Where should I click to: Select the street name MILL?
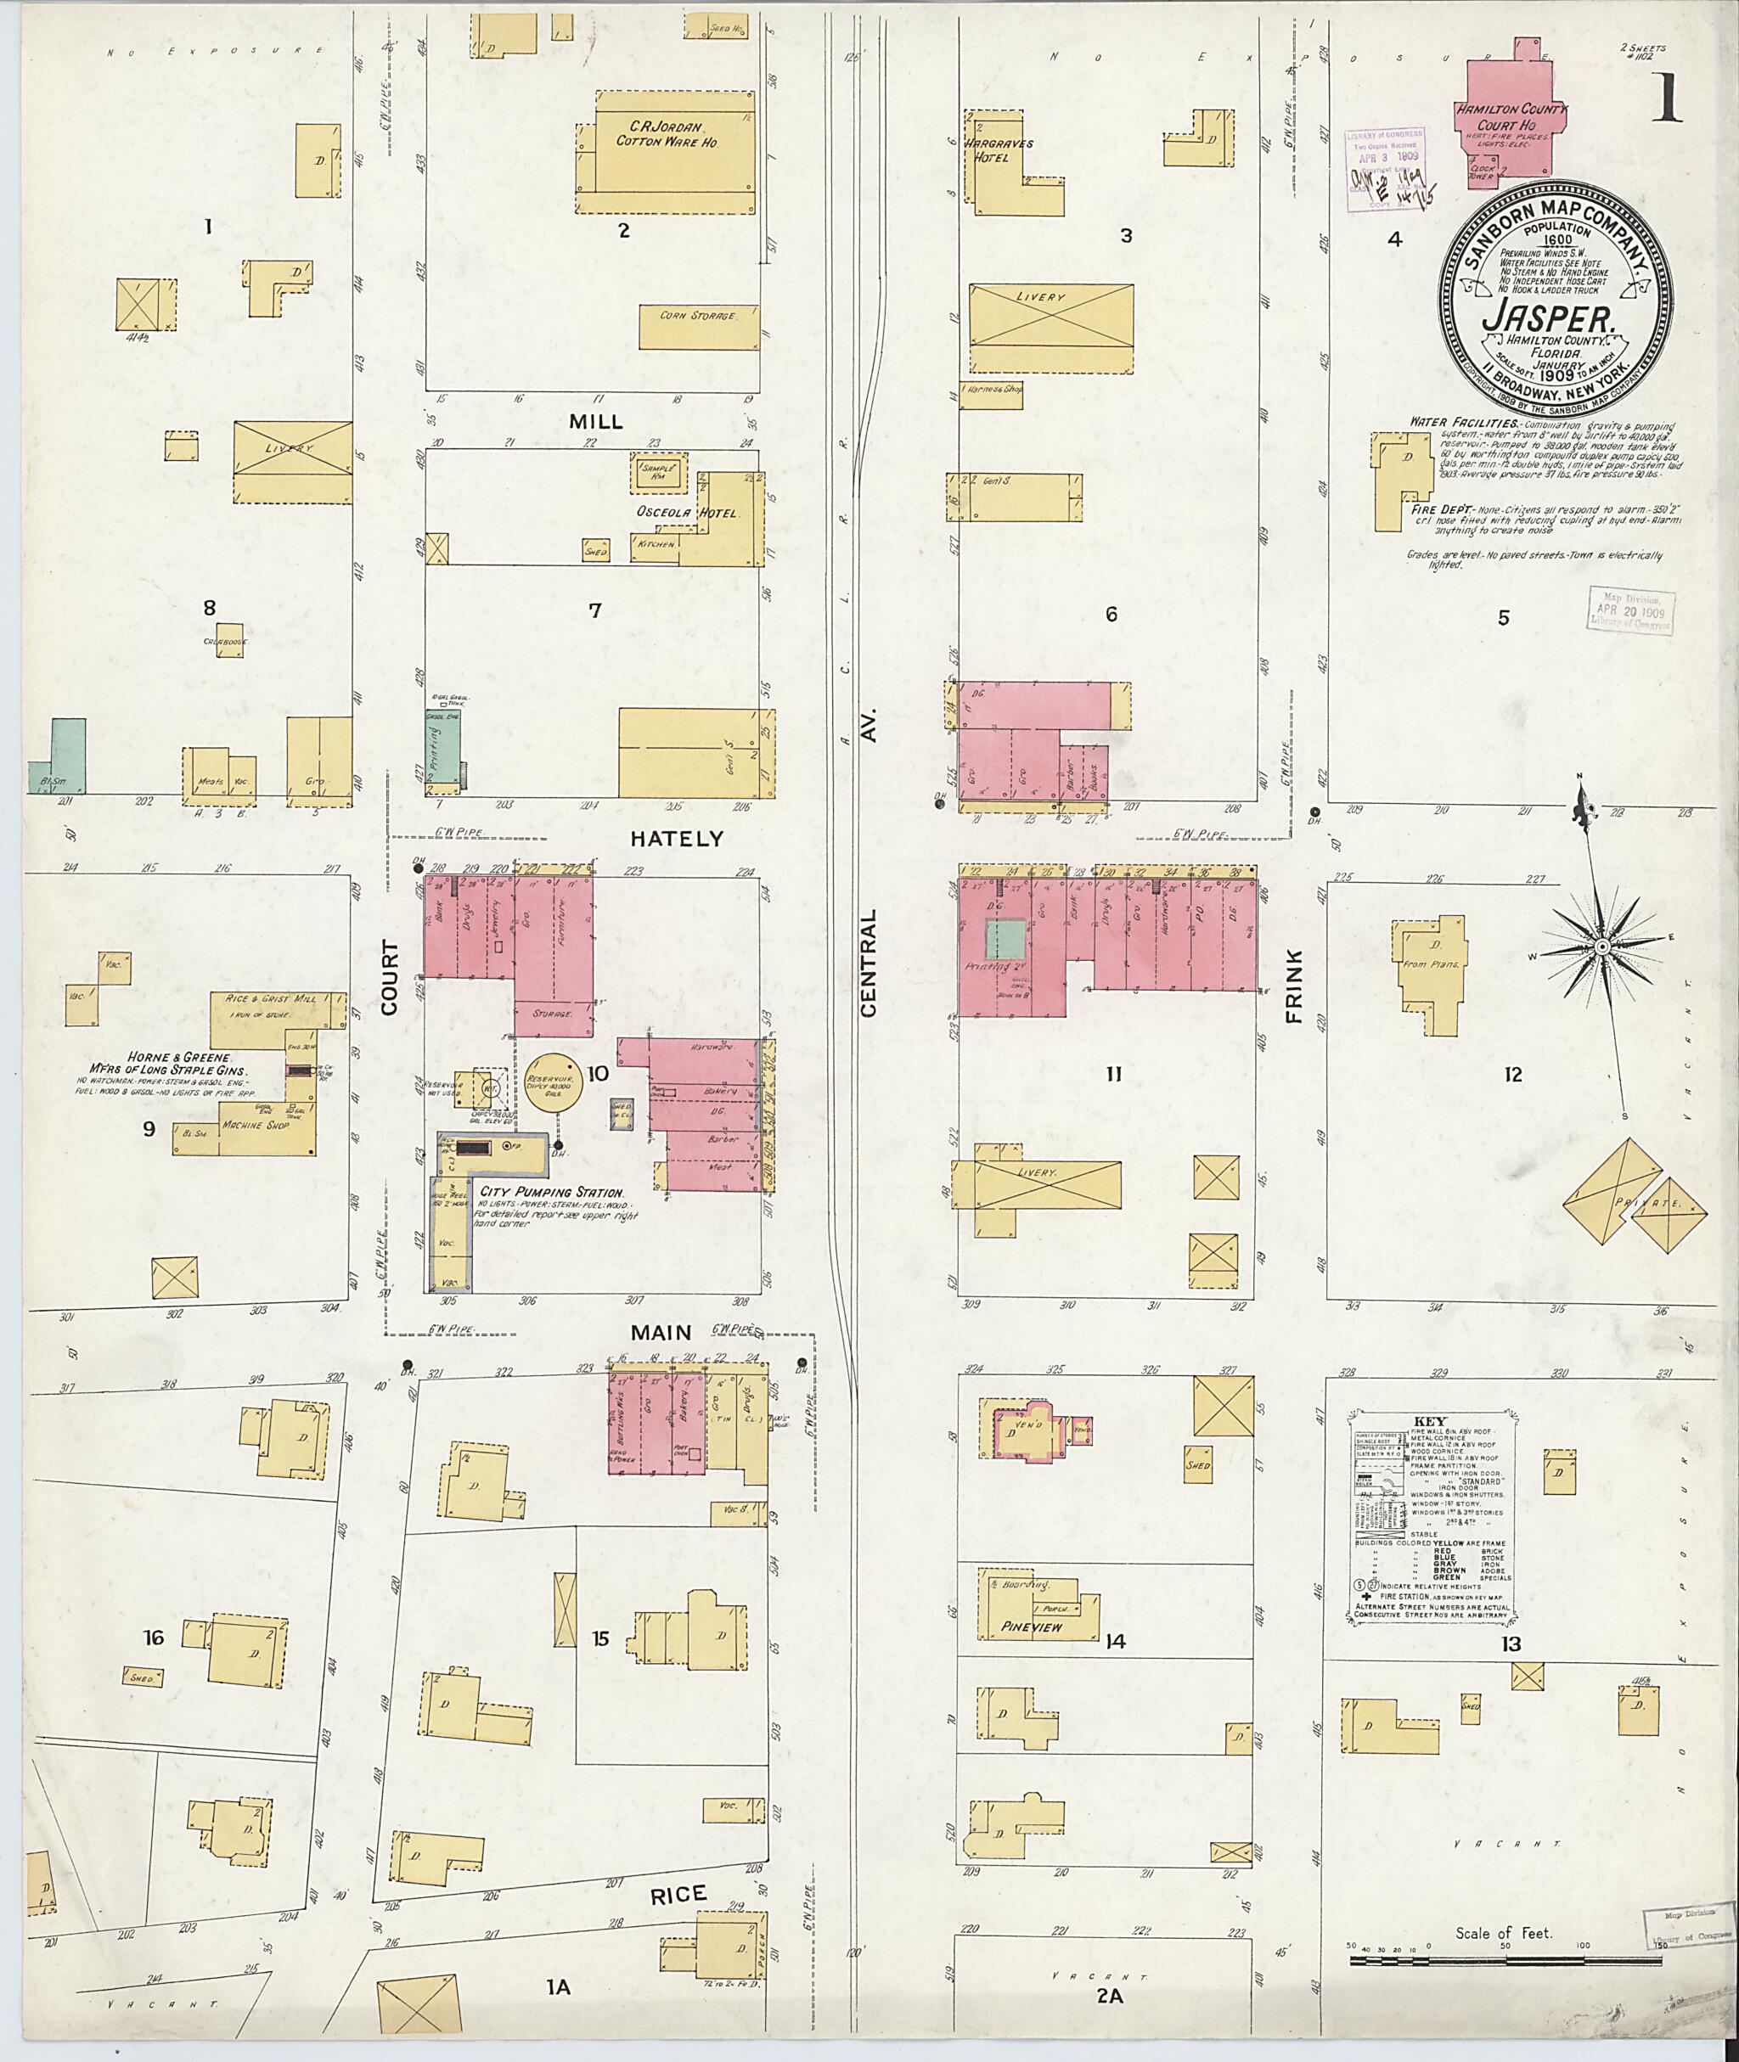pos(595,422)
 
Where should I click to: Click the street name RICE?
pos(678,1893)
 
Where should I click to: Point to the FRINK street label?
pos(1293,985)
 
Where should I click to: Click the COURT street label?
pos(390,978)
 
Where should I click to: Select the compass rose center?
pos(1602,947)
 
